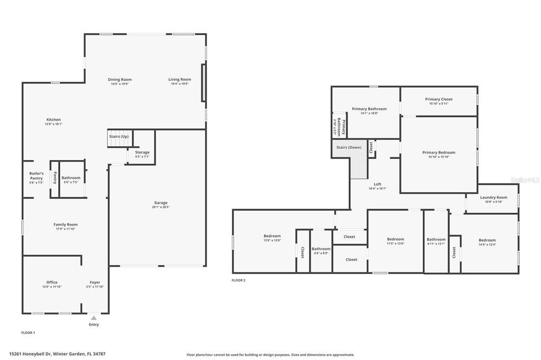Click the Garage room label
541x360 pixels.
point(161,203)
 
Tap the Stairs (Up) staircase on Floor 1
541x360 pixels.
point(119,138)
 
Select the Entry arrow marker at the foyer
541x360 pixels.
point(94,318)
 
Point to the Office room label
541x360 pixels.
point(52,282)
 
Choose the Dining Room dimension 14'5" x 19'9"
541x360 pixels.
point(120,84)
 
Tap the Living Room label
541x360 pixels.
point(180,79)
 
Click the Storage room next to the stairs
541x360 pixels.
point(142,154)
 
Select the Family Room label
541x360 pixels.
point(66,224)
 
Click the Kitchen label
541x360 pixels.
point(53,120)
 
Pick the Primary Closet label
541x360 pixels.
point(439,99)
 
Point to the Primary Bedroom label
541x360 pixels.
point(439,153)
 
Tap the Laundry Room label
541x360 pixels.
point(493,197)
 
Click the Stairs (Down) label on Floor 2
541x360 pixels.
point(349,147)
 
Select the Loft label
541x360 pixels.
point(377,184)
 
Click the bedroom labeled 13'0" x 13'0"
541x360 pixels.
point(272,238)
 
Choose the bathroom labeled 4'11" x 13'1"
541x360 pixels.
point(436,241)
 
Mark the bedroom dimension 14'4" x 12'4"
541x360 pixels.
point(487,244)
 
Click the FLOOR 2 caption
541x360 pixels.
point(238,280)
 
